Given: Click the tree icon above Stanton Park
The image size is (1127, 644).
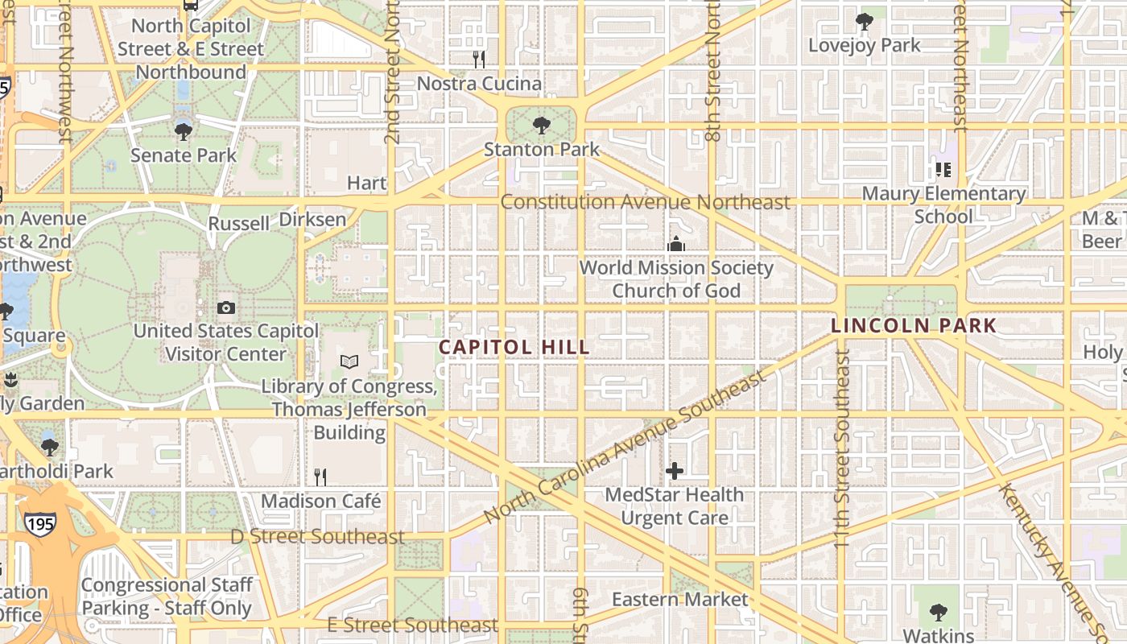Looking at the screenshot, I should [x=542, y=125].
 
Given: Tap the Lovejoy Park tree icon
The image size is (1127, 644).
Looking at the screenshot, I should [x=865, y=21].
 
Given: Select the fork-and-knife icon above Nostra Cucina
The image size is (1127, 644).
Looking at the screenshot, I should [x=478, y=59].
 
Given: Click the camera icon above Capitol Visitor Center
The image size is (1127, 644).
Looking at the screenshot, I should [x=226, y=308].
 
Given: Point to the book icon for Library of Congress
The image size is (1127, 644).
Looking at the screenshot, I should [x=349, y=362].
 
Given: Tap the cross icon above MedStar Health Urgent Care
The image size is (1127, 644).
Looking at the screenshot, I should [x=675, y=471].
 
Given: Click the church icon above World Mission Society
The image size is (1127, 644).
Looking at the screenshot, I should [x=676, y=244].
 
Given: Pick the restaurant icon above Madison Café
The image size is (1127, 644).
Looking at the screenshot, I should [x=320, y=477].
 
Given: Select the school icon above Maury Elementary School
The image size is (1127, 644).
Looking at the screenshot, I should [x=943, y=170].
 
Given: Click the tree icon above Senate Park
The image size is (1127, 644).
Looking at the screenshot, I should [x=184, y=130].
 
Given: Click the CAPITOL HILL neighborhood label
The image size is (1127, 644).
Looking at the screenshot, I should [x=514, y=347].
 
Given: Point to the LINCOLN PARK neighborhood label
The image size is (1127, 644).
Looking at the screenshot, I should [x=914, y=326].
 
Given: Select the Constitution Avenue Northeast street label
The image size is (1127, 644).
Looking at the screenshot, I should [x=646, y=202].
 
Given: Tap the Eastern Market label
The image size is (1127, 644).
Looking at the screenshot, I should [x=680, y=599].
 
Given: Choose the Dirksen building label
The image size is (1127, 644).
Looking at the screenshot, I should [x=312, y=219].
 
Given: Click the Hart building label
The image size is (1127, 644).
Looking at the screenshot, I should [x=367, y=183].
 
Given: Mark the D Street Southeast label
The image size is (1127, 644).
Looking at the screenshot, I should [x=317, y=536].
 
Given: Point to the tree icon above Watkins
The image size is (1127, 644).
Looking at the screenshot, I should [x=938, y=613].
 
